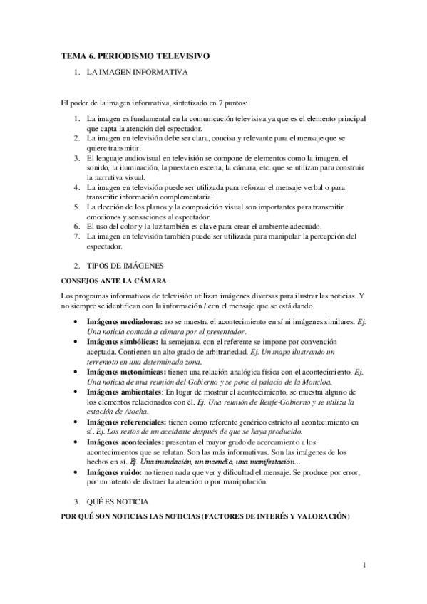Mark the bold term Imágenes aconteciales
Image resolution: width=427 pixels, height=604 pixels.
click(x=119, y=442)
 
